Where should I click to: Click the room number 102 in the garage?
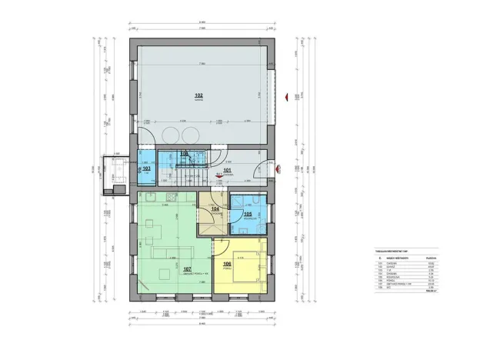(198, 96)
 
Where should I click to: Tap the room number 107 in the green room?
(188, 269)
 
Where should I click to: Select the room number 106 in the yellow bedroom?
(226, 264)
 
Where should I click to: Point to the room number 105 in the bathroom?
(248, 214)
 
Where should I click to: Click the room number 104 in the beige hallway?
(215, 208)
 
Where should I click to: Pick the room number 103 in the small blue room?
(147, 168)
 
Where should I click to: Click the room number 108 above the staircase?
(184, 154)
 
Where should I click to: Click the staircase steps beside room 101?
(184, 176)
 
